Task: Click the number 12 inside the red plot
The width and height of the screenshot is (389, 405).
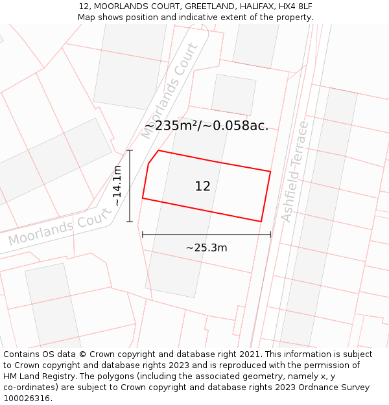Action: click(x=202, y=187)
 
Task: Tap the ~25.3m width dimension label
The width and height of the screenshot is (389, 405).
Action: click(x=206, y=248)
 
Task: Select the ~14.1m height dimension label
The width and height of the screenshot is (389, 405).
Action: click(x=117, y=185)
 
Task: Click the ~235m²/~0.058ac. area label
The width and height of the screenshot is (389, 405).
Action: click(x=206, y=126)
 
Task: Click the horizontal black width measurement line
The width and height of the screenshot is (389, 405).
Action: click(x=206, y=235)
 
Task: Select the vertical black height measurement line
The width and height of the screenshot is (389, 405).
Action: click(x=130, y=187)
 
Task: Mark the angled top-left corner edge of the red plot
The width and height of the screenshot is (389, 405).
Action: click(x=153, y=157)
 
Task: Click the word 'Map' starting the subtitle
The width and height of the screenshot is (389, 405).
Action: click(x=87, y=17)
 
